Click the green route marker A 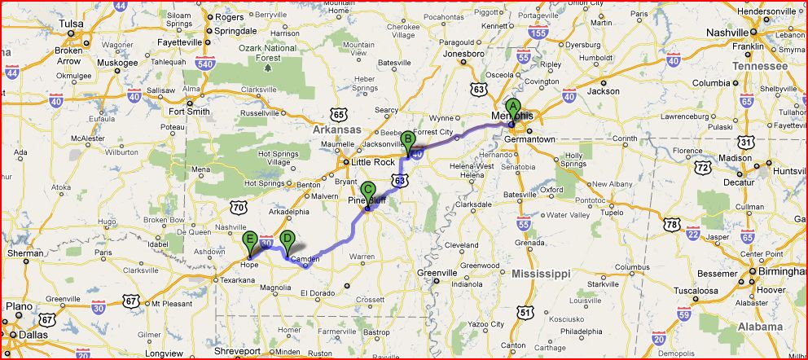[512, 107]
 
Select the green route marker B [407, 139]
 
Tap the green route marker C [367, 190]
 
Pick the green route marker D [286, 239]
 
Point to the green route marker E [250, 239]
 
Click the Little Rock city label [372, 162]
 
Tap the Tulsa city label [72, 24]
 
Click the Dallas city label [35, 335]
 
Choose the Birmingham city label [775, 272]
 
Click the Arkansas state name [337, 130]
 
